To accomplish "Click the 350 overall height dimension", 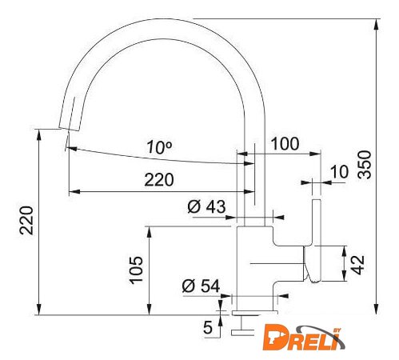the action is (365, 164).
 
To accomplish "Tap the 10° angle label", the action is (159, 147).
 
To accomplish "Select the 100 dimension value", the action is (285, 144).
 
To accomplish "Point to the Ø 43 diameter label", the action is (206, 206).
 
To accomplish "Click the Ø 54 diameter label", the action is (201, 286).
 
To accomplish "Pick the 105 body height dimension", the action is (136, 270).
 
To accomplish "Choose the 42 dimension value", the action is (357, 265).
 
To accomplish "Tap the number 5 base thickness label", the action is (208, 327).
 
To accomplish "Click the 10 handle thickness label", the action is (339, 171).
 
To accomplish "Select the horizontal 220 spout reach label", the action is (159, 180).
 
